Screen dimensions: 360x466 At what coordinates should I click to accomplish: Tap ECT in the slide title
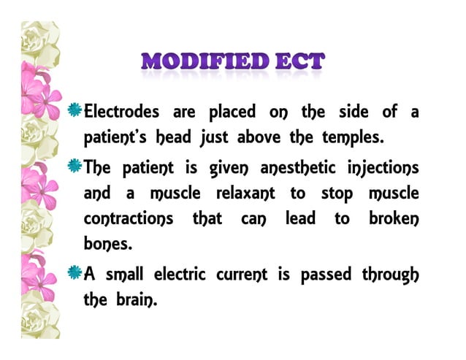coord(294,62)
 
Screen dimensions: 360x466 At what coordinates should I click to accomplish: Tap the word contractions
coord(129,219)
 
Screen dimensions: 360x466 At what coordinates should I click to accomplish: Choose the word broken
coord(392,219)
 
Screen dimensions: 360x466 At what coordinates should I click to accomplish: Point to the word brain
coord(138,299)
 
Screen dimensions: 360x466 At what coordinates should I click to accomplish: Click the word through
coord(390,276)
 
